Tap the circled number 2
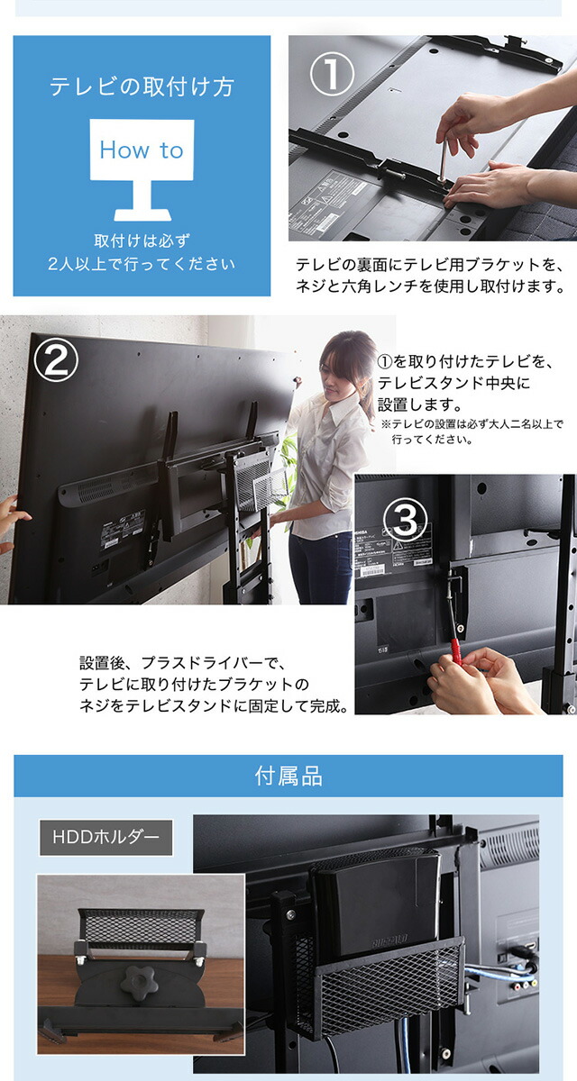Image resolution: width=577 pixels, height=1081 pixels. coord(56,359)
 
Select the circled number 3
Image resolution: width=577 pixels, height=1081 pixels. coord(405,521)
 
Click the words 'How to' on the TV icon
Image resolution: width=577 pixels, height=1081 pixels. coord(142,150)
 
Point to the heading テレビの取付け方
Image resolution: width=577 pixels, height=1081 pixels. coord(142,86)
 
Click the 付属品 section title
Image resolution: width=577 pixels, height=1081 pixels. coord(288,776)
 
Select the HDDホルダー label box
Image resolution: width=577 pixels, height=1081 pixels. coord(106,837)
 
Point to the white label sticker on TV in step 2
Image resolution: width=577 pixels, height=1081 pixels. coord(124,530)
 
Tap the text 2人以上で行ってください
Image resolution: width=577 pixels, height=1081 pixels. coord(142,264)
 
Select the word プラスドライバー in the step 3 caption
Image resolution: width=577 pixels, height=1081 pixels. coord(201,663)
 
